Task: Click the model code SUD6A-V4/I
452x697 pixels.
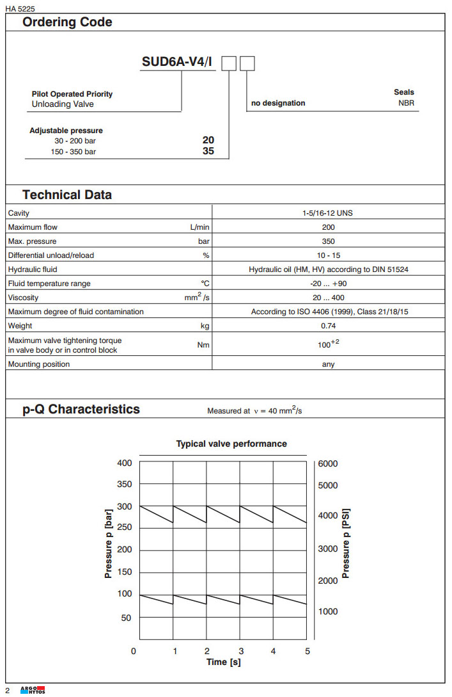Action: (x=177, y=63)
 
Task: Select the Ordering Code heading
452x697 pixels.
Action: (x=67, y=22)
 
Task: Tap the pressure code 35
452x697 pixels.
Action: (x=208, y=152)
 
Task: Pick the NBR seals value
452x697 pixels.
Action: (x=406, y=103)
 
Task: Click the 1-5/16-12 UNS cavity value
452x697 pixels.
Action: (x=328, y=213)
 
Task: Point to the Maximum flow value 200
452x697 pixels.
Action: (x=328, y=227)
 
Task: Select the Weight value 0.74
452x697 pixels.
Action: (x=328, y=326)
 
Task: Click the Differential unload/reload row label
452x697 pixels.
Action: (x=51, y=255)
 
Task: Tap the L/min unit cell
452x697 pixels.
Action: (x=199, y=227)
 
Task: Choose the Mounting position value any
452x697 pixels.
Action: (x=328, y=364)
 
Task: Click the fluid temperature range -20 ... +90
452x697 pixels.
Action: (x=328, y=284)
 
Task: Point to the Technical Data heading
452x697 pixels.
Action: (x=67, y=195)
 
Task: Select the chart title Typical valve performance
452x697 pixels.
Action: (x=231, y=444)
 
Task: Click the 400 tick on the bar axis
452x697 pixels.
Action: (x=124, y=463)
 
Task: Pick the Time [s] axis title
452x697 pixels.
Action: (x=224, y=662)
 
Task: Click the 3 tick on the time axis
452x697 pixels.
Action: (x=240, y=651)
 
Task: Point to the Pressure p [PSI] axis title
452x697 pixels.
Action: (x=347, y=543)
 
